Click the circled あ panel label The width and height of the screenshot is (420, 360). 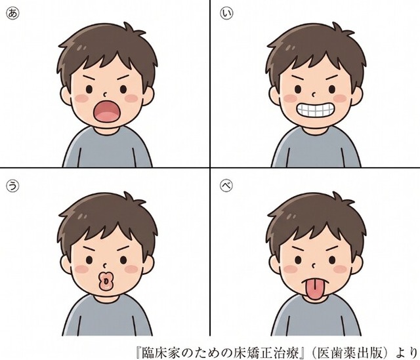click(13, 13)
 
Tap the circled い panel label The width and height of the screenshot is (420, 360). click(226, 13)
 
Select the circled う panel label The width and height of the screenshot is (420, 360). click(13, 186)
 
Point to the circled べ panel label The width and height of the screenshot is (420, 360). click(226, 185)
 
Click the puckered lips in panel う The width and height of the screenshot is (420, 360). click(106, 281)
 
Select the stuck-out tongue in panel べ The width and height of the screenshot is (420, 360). click(316, 289)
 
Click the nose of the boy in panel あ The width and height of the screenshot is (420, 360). click(105, 94)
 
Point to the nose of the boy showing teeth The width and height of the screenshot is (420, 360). click(314, 94)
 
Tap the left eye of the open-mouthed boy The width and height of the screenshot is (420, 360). click(89, 89)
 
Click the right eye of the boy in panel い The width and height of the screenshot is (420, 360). click(332, 89)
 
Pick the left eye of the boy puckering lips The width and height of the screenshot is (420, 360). click(89, 260)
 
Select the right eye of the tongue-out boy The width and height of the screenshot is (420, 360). click(332, 260)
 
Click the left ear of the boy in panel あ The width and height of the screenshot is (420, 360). click(66, 96)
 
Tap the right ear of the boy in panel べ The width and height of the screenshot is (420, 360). click(356, 265)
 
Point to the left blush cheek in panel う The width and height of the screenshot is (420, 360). click(81, 269)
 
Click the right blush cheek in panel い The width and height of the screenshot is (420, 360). click(340, 98)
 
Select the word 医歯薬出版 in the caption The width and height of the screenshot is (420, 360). click(349, 353)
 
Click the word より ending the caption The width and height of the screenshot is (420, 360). click(407, 353)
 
